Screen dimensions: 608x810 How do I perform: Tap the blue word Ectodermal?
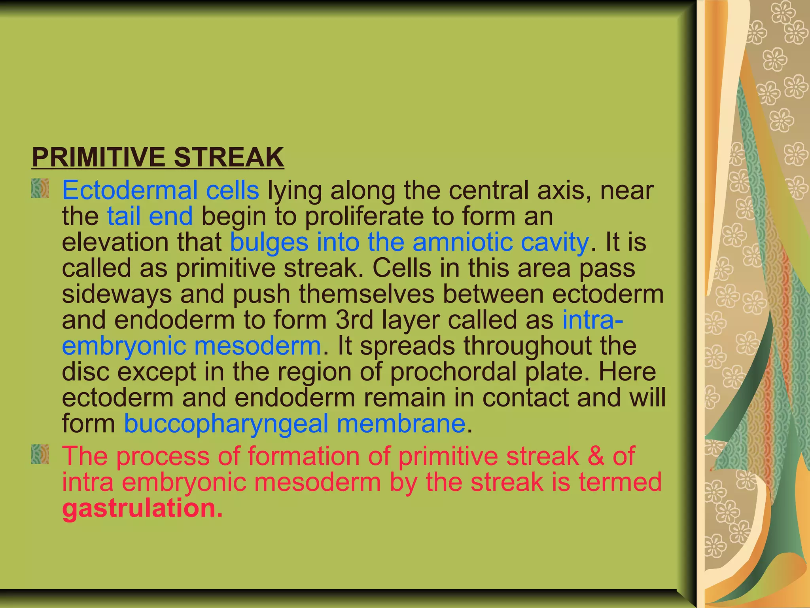click(130, 190)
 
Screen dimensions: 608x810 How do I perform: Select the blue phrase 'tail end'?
click(150, 217)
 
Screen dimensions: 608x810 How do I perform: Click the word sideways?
click(117, 294)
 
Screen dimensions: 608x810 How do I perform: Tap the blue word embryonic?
click(124, 346)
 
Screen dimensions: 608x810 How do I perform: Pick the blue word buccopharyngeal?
click(226, 424)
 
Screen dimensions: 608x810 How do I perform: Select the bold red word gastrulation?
click(142, 508)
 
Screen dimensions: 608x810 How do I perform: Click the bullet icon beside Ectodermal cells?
click(40, 188)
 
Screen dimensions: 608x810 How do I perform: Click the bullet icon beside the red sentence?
click(40, 454)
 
